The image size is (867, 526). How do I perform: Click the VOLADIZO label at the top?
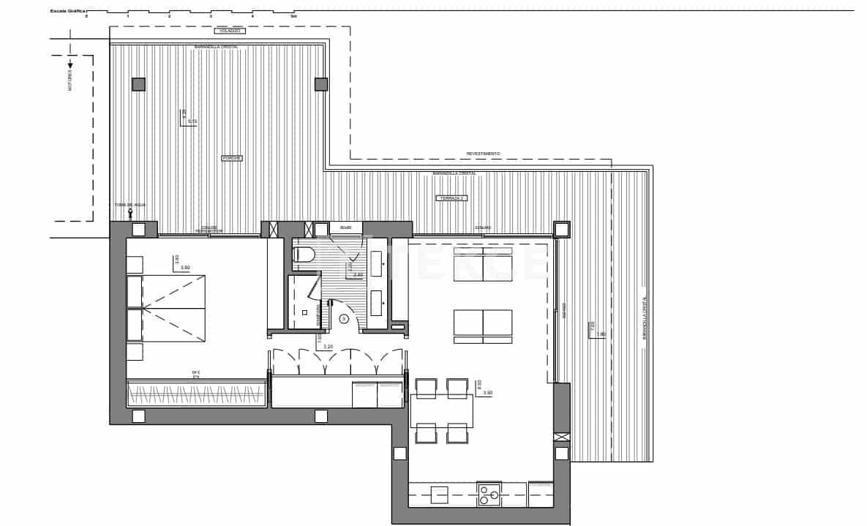coord(230,31)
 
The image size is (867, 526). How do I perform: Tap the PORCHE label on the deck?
coord(232,158)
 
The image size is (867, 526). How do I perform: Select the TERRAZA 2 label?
coord(451,198)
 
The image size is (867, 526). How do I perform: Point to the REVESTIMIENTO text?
coord(483,154)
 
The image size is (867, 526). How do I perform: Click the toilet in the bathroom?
coord(304,255)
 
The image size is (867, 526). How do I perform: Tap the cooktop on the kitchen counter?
coord(489,495)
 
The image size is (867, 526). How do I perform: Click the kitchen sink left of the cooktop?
coord(439,495)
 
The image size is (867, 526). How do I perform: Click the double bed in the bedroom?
coord(166,308)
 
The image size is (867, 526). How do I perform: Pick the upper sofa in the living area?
coord(483,263)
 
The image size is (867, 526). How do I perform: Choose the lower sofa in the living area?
coord(483,325)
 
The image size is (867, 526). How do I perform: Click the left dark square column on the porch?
coord(138,84)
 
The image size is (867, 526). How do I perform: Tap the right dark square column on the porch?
coord(321,84)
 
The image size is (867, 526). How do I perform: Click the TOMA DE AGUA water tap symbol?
coord(130,214)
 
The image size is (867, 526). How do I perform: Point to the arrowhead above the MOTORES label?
coord(70,65)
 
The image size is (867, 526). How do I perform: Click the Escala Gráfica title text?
coord(68,12)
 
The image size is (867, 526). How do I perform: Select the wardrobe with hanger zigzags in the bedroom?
coord(196,394)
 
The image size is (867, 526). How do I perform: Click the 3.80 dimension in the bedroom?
coord(185,268)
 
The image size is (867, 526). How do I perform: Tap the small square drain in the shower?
coord(304,312)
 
